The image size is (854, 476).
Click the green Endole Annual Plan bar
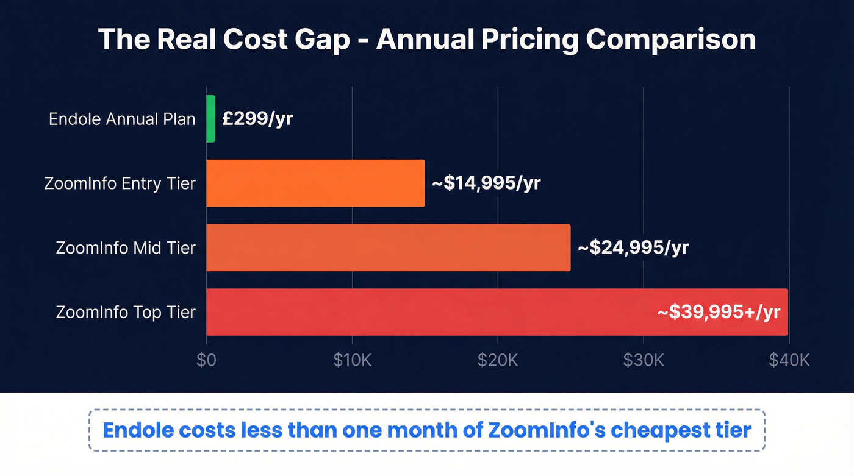click(x=211, y=119)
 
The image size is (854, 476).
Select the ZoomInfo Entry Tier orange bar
click(x=315, y=183)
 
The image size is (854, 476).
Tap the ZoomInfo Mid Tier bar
click(x=388, y=247)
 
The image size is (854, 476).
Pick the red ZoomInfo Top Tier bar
click(x=427, y=312)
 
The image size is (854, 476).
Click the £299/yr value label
click(x=257, y=119)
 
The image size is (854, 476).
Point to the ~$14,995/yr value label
click(x=486, y=183)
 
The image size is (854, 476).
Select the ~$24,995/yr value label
click(x=633, y=248)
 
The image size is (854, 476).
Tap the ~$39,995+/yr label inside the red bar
click(x=719, y=312)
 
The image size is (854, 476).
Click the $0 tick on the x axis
click(x=206, y=360)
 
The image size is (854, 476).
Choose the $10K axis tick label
click(x=352, y=360)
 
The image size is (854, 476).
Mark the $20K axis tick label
click(x=498, y=360)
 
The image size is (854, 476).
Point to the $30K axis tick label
click(x=644, y=360)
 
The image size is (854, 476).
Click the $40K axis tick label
click(x=789, y=360)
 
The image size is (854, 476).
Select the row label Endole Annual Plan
click(x=122, y=119)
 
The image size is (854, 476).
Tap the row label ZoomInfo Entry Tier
click(x=120, y=183)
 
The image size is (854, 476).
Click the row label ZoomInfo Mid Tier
click(x=126, y=248)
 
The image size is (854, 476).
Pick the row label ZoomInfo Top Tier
click(x=126, y=312)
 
